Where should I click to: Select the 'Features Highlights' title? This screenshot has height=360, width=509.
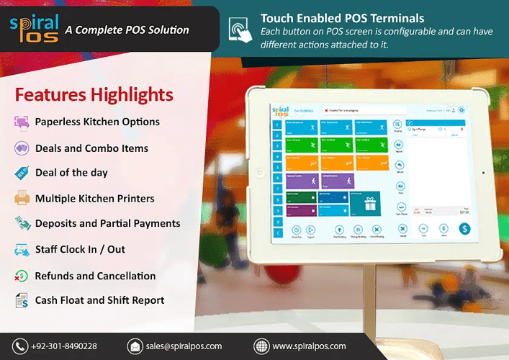click(x=94, y=95)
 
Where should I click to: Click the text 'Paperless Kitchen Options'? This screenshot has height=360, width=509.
click(x=97, y=122)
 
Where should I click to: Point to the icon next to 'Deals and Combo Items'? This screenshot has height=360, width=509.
click(x=22, y=148)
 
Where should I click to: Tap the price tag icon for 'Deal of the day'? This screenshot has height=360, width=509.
click(x=22, y=173)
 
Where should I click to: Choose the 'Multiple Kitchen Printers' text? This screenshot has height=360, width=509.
click(x=94, y=198)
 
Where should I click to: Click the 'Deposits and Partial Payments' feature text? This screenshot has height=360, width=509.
click(x=107, y=223)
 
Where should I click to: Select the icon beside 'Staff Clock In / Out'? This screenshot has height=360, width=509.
click(x=22, y=250)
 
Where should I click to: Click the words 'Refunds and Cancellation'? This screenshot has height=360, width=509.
click(x=95, y=276)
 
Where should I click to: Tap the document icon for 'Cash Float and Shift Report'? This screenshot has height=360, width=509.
click(x=22, y=301)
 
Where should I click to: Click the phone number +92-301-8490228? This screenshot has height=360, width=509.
click(x=64, y=346)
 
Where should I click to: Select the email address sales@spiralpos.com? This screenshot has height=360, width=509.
click(x=184, y=346)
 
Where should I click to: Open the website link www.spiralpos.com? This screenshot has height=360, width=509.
click(x=309, y=346)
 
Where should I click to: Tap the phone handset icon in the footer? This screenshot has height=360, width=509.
click(x=19, y=346)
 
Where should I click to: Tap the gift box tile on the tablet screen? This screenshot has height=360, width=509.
click(x=369, y=204)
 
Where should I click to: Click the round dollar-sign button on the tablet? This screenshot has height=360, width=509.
click(x=464, y=229)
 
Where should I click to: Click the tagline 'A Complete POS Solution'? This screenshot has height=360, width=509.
click(x=127, y=30)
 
